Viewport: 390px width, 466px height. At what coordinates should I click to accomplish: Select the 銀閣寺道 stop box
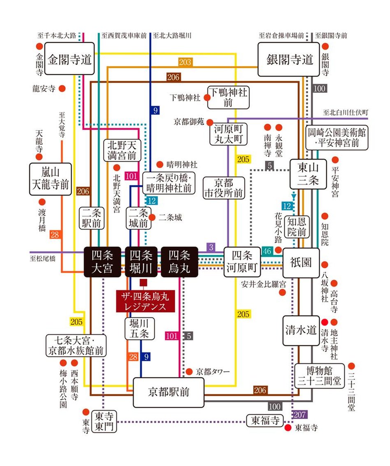coord(290,60)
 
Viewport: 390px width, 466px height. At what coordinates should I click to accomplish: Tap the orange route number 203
coord(185,62)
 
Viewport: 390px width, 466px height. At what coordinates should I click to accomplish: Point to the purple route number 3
coord(211,247)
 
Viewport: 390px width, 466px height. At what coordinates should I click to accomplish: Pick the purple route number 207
coord(299,414)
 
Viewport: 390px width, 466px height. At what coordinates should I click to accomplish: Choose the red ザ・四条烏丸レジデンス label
coord(145,301)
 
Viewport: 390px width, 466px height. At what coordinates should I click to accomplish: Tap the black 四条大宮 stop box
coord(102,262)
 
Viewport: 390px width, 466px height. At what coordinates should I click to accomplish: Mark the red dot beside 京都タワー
coord(189,371)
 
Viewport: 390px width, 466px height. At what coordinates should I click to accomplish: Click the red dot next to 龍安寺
coord(62,88)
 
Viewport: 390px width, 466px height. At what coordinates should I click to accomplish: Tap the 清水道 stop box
coord(301,330)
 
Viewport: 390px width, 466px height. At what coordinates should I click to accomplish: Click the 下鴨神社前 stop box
coord(228,97)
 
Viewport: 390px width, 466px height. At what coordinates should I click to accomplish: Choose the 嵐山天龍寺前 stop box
coord(50,179)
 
